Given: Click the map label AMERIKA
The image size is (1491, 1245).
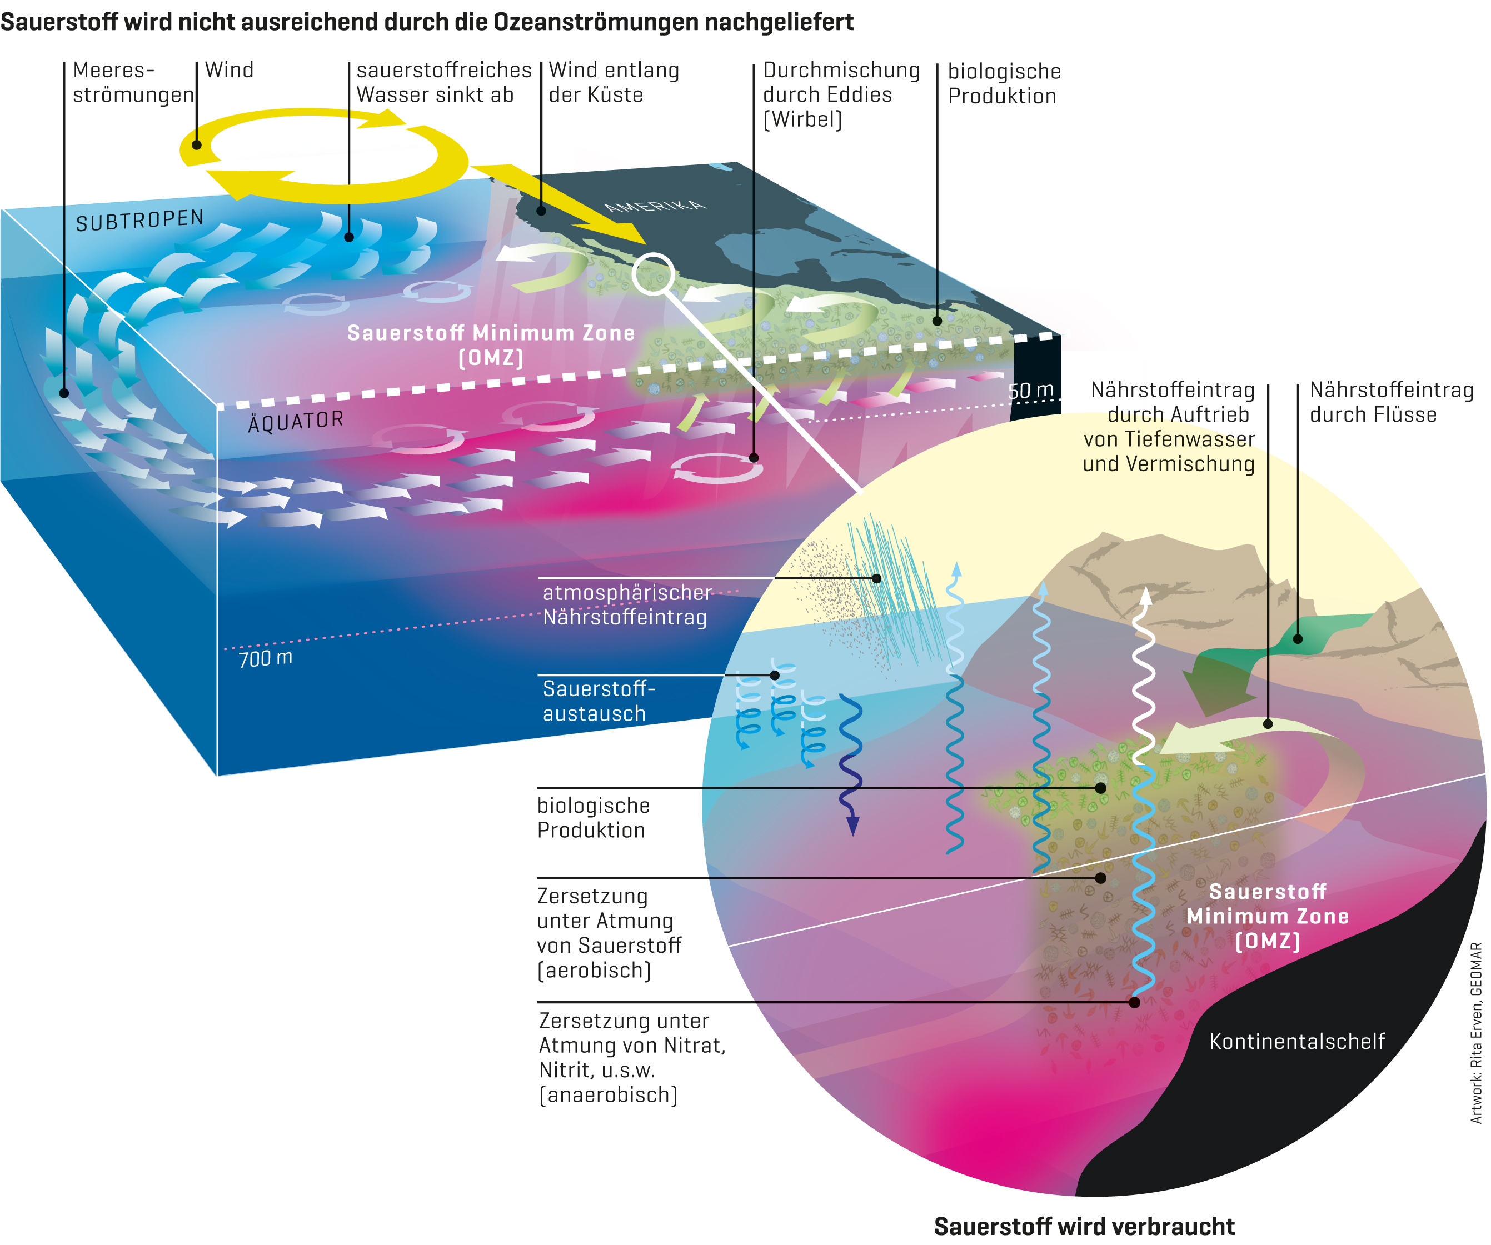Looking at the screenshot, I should [655, 206].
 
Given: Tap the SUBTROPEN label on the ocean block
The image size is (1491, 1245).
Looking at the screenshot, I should [140, 221].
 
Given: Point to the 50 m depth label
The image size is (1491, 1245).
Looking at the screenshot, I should [1030, 391].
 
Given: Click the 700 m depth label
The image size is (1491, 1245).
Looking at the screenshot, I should [266, 658].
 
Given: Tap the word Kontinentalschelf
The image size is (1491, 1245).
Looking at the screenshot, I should [1296, 1041].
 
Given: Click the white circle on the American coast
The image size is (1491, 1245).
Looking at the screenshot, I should [652, 273].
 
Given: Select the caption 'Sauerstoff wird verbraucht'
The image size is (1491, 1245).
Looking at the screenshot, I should [1084, 1226].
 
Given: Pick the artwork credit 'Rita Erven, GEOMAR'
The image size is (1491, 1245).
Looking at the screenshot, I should [1476, 1033].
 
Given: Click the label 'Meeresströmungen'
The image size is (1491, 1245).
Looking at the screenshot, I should [133, 82].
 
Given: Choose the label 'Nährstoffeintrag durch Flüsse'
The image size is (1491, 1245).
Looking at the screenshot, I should [1391, 402].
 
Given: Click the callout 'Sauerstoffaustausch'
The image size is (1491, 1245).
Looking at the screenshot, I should [599, 701].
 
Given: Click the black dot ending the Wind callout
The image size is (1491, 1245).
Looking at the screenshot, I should [197, 145].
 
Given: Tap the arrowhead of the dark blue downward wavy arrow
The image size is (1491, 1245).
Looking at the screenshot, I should [852, 826].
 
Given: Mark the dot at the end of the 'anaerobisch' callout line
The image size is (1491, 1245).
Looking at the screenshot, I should [1134, 1002].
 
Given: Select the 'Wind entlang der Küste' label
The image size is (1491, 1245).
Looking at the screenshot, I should [614, 82].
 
